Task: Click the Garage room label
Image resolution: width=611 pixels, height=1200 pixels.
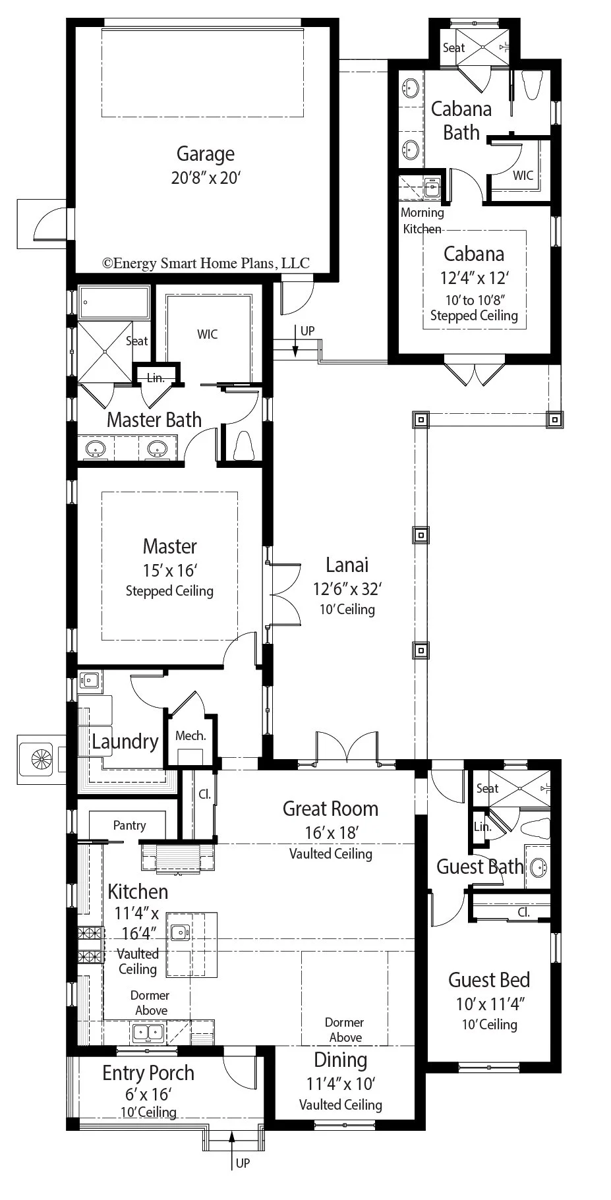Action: tap(205, 154)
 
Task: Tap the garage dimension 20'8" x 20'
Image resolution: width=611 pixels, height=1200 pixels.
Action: tap(206, 178)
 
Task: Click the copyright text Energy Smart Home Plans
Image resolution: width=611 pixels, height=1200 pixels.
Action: tap(206, 263)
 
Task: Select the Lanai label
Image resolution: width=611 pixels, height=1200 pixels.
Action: tap(347, 565)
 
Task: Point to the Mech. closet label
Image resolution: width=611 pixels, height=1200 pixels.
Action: tap(190, 735)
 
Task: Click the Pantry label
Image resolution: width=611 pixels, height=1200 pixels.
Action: tap(129, 825)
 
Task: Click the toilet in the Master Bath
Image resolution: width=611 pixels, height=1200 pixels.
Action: tap(243, 446)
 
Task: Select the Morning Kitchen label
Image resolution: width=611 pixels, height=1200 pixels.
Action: tap(422, 221)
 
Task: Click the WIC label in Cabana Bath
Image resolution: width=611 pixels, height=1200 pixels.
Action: tap(523, 175)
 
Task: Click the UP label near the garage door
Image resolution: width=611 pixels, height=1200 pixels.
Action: tap(307, 331)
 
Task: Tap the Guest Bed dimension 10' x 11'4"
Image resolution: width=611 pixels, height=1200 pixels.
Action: tap(489, 1004)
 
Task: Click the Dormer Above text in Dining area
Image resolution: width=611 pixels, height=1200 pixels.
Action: tap(345, 1029)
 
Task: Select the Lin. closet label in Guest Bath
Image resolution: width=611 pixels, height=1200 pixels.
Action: tap(482, 826)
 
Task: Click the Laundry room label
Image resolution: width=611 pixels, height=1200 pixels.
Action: tap(125, 741)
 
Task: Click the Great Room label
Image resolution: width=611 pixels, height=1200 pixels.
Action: tap(330, 809)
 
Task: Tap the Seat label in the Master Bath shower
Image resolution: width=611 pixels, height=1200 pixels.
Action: tap(136, 341)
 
